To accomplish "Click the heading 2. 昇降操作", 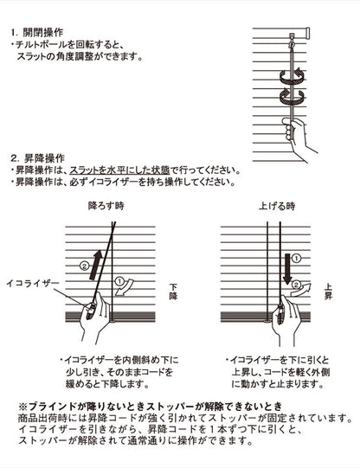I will point(40,158).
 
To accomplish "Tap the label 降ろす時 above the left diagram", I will point(106,208).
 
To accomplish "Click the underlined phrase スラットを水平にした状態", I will point(114,170).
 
